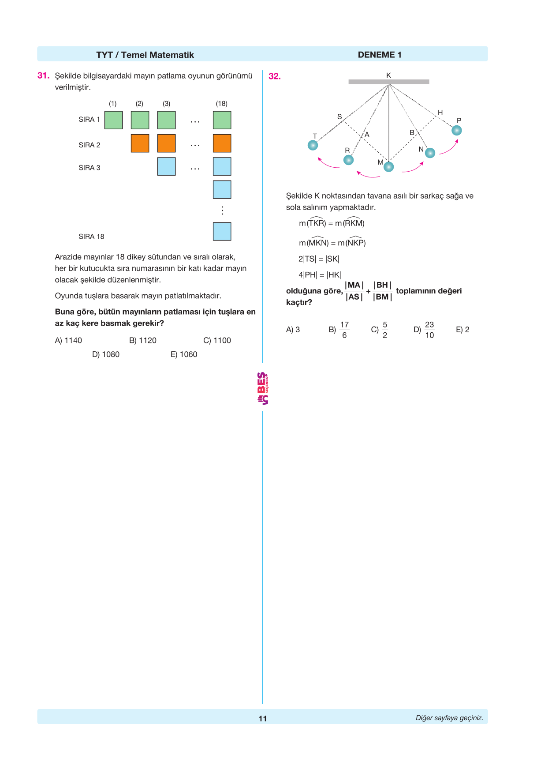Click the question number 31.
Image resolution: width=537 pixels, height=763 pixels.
click(x=43, y=75)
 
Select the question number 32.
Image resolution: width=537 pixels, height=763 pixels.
click(x=274, y=76)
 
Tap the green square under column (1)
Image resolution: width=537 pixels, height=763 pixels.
click(x=113, y=120)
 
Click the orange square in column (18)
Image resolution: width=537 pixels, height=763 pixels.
click(x=222, y=143)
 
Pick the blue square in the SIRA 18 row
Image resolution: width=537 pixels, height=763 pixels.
click(x=222, y=231)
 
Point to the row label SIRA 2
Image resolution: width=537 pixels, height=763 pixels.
click(x=89, y=145)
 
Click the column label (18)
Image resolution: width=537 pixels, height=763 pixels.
click(x=221, y=104)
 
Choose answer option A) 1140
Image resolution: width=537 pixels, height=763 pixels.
click(x=68, y=340)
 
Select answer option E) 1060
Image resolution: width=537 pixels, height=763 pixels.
click(x=184, y=354)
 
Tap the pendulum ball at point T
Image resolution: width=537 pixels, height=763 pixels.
click(x=313, y=145)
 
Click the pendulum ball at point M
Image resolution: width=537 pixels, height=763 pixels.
click(x=388, y=167)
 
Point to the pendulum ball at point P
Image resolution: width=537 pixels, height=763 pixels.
click(x=457, y=131)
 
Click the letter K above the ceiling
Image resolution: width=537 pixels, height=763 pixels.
click(x=388, y=75)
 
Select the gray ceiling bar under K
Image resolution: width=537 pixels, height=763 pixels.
click(x=388, y=82)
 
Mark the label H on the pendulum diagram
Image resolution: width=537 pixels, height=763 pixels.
click(x=440, y=113)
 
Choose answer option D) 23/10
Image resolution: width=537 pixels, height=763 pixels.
click(x=424, y=330)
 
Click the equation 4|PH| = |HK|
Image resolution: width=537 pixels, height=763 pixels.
click(x=320, y=275)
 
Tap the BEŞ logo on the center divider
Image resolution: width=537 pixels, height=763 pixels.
click(x=263, y=388)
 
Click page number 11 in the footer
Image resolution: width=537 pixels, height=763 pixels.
click(x=263, y=718)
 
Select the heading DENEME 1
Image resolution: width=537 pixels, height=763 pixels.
click(x=379, y=55)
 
